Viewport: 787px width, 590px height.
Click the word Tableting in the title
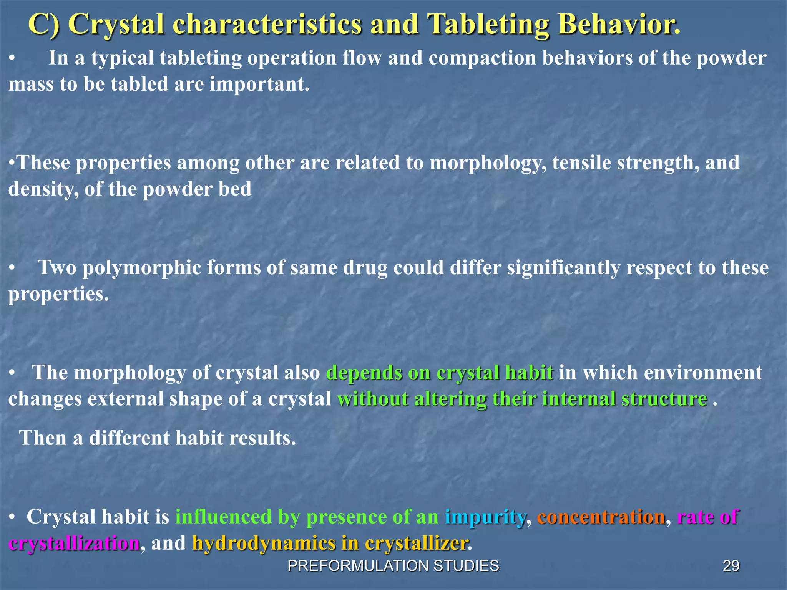(x=488, y=25)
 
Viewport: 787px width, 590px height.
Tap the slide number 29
(x=731, y=566)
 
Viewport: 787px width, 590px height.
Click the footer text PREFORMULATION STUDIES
(x=393, y=566)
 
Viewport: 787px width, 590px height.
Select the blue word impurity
(x=485, y=517)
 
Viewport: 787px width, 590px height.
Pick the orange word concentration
(x=601, y=517)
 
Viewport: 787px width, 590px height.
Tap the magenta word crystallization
(x=74, y=544)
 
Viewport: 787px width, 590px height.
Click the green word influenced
(x=223, y=517)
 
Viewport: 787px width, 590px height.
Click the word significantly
(x=563, y=268)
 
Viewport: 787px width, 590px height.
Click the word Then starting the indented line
(x=43, y=438)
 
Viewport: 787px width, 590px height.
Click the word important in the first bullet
(x=259, y=84)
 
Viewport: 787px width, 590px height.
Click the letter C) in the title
(x=44, y=25)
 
